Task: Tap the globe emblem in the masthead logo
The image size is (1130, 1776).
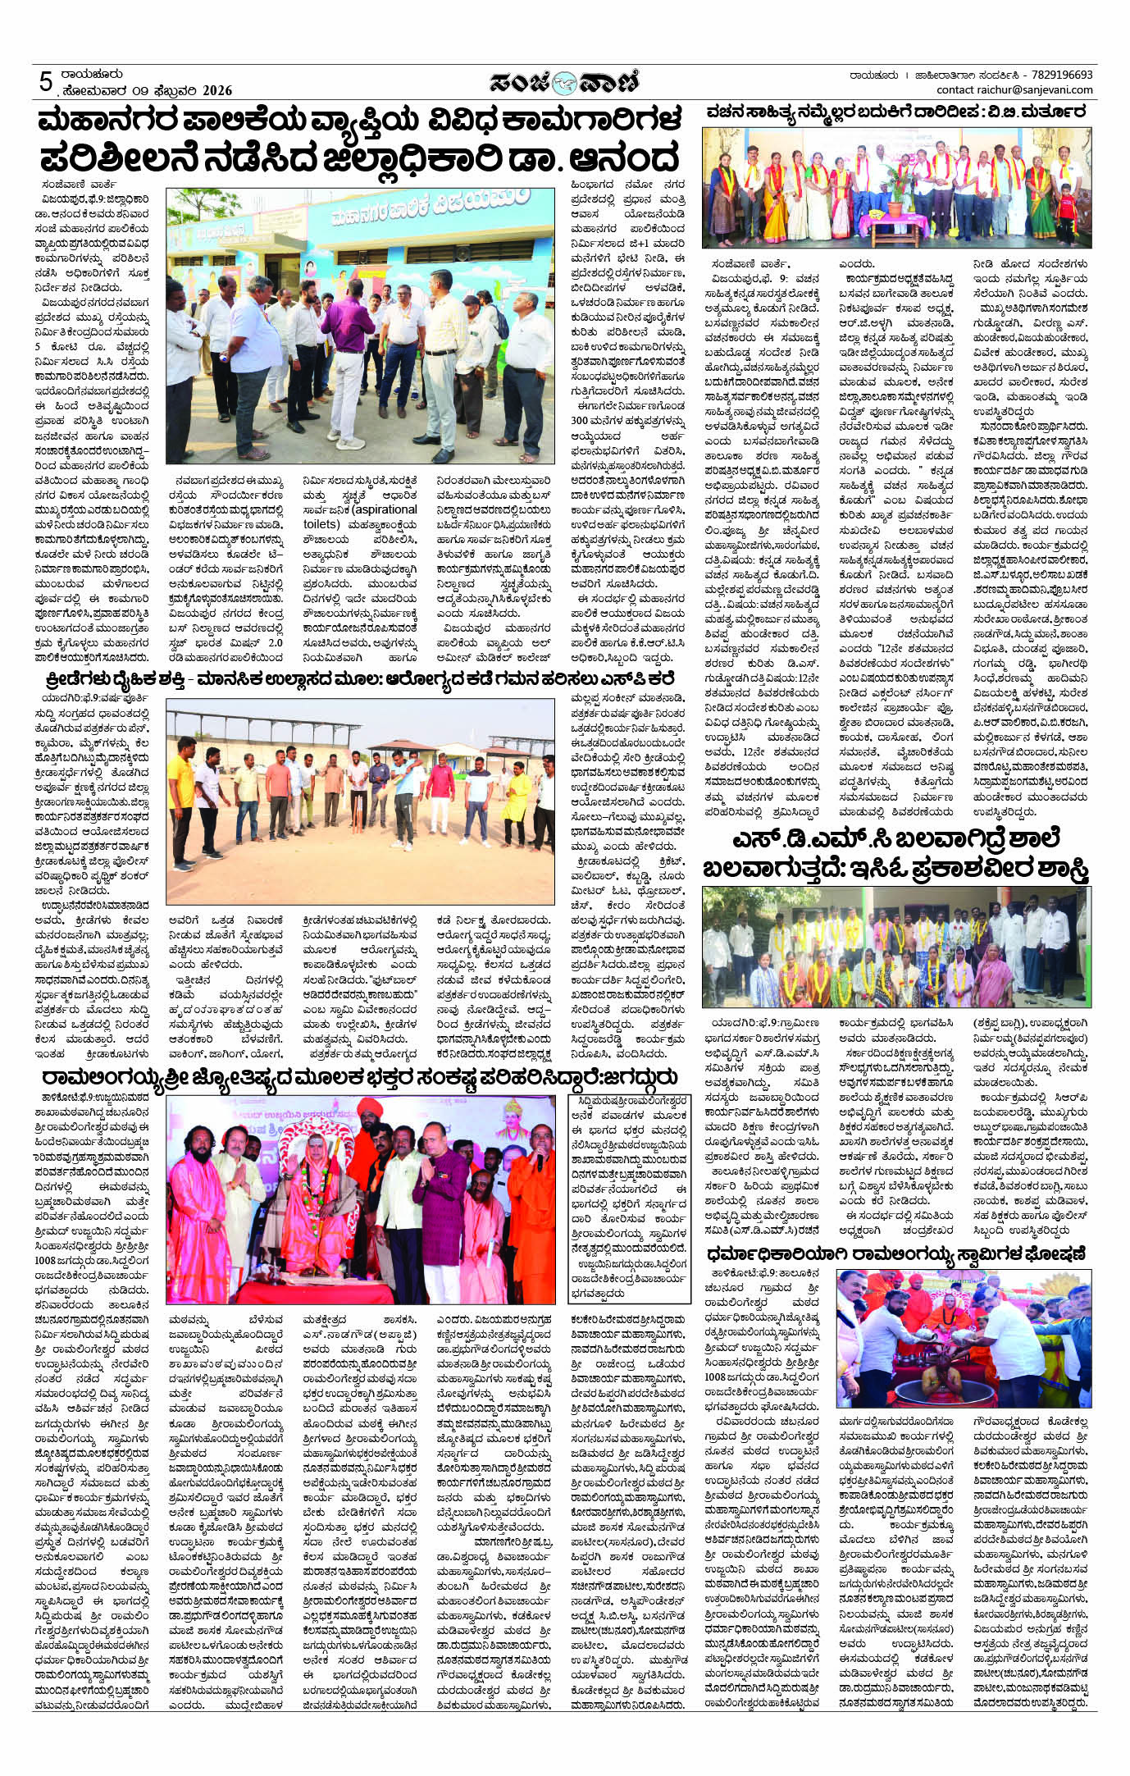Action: (564, 82)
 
